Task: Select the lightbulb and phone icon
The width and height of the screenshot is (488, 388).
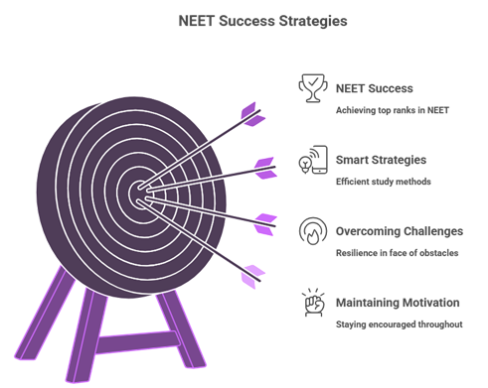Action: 314,160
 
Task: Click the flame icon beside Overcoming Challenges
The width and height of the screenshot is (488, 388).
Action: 314,231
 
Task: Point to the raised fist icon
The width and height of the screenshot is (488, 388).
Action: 314,302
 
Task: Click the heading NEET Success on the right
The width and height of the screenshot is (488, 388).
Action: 375,88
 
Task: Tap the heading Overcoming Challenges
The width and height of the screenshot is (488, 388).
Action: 400,230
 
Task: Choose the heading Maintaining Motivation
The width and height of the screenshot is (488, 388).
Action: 399,302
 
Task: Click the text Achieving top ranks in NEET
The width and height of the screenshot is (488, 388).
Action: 394,110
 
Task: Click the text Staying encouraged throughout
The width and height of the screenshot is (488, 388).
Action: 399,323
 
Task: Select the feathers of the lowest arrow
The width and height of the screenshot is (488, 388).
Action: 253,275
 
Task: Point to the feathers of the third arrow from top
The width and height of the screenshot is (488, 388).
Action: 264,222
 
